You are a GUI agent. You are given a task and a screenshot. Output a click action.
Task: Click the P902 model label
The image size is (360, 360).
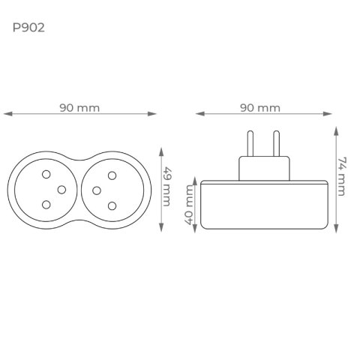[28, 28]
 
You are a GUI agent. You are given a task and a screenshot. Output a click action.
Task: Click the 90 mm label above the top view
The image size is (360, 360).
[79, 108]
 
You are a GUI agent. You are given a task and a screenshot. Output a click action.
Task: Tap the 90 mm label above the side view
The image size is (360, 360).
[260, 108]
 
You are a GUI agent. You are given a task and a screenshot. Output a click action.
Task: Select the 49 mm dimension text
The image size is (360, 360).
[166, 187]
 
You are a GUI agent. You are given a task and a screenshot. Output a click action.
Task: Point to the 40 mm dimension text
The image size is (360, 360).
[189, 205]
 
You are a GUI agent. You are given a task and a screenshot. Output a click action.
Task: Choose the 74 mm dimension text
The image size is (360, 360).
[342, 176]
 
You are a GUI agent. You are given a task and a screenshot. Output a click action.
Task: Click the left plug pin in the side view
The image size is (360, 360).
[250, 144]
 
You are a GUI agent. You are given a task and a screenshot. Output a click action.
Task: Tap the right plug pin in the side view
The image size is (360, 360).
[276, 144]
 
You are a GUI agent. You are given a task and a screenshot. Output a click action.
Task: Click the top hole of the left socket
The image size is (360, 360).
[46, 174]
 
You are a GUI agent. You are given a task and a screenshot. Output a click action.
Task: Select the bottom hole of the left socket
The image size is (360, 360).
[46, 205]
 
